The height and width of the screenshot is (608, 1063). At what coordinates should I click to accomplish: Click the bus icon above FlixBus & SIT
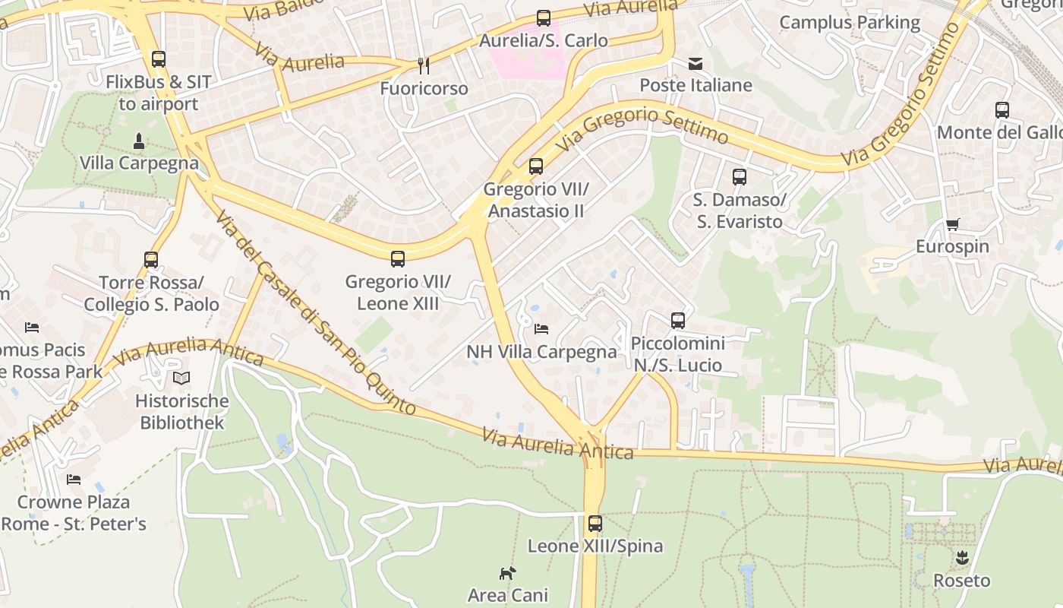(159, 59)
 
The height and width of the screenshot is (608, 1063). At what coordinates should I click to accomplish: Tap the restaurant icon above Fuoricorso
(424, 66)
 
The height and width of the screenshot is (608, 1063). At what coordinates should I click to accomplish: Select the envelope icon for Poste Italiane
(696, 63)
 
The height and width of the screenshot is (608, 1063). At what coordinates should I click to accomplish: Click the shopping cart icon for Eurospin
(952, 224)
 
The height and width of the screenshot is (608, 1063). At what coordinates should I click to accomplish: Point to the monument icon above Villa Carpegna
(139, 141)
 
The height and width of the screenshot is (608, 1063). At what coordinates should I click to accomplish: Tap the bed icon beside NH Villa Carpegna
(541, 329)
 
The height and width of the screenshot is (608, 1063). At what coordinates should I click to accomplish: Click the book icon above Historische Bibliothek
(181, 378)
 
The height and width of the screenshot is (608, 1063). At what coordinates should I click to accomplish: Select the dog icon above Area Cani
(507, 572)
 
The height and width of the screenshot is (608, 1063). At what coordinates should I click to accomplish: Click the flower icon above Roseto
(962, 558)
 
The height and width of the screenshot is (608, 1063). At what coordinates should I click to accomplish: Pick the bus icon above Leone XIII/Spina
(595, 523)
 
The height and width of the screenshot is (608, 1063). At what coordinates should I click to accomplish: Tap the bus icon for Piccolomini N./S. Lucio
(678, 320)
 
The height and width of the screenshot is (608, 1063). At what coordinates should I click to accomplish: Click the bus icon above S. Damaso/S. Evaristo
(740, 177)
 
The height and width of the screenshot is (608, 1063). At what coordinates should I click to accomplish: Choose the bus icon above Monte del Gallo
(1002, 109)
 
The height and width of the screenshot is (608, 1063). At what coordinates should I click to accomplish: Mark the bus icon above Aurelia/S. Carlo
(544, 18)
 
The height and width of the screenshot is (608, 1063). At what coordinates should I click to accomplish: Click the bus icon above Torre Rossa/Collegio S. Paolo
(151, 260)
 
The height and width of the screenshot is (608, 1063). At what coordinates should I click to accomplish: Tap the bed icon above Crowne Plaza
(74, 480)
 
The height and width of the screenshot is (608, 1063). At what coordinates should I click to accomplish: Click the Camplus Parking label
(850, 23)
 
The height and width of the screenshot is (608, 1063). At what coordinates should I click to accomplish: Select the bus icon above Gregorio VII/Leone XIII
(398, 258)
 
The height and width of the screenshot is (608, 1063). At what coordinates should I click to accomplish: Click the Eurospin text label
(952, 246)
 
